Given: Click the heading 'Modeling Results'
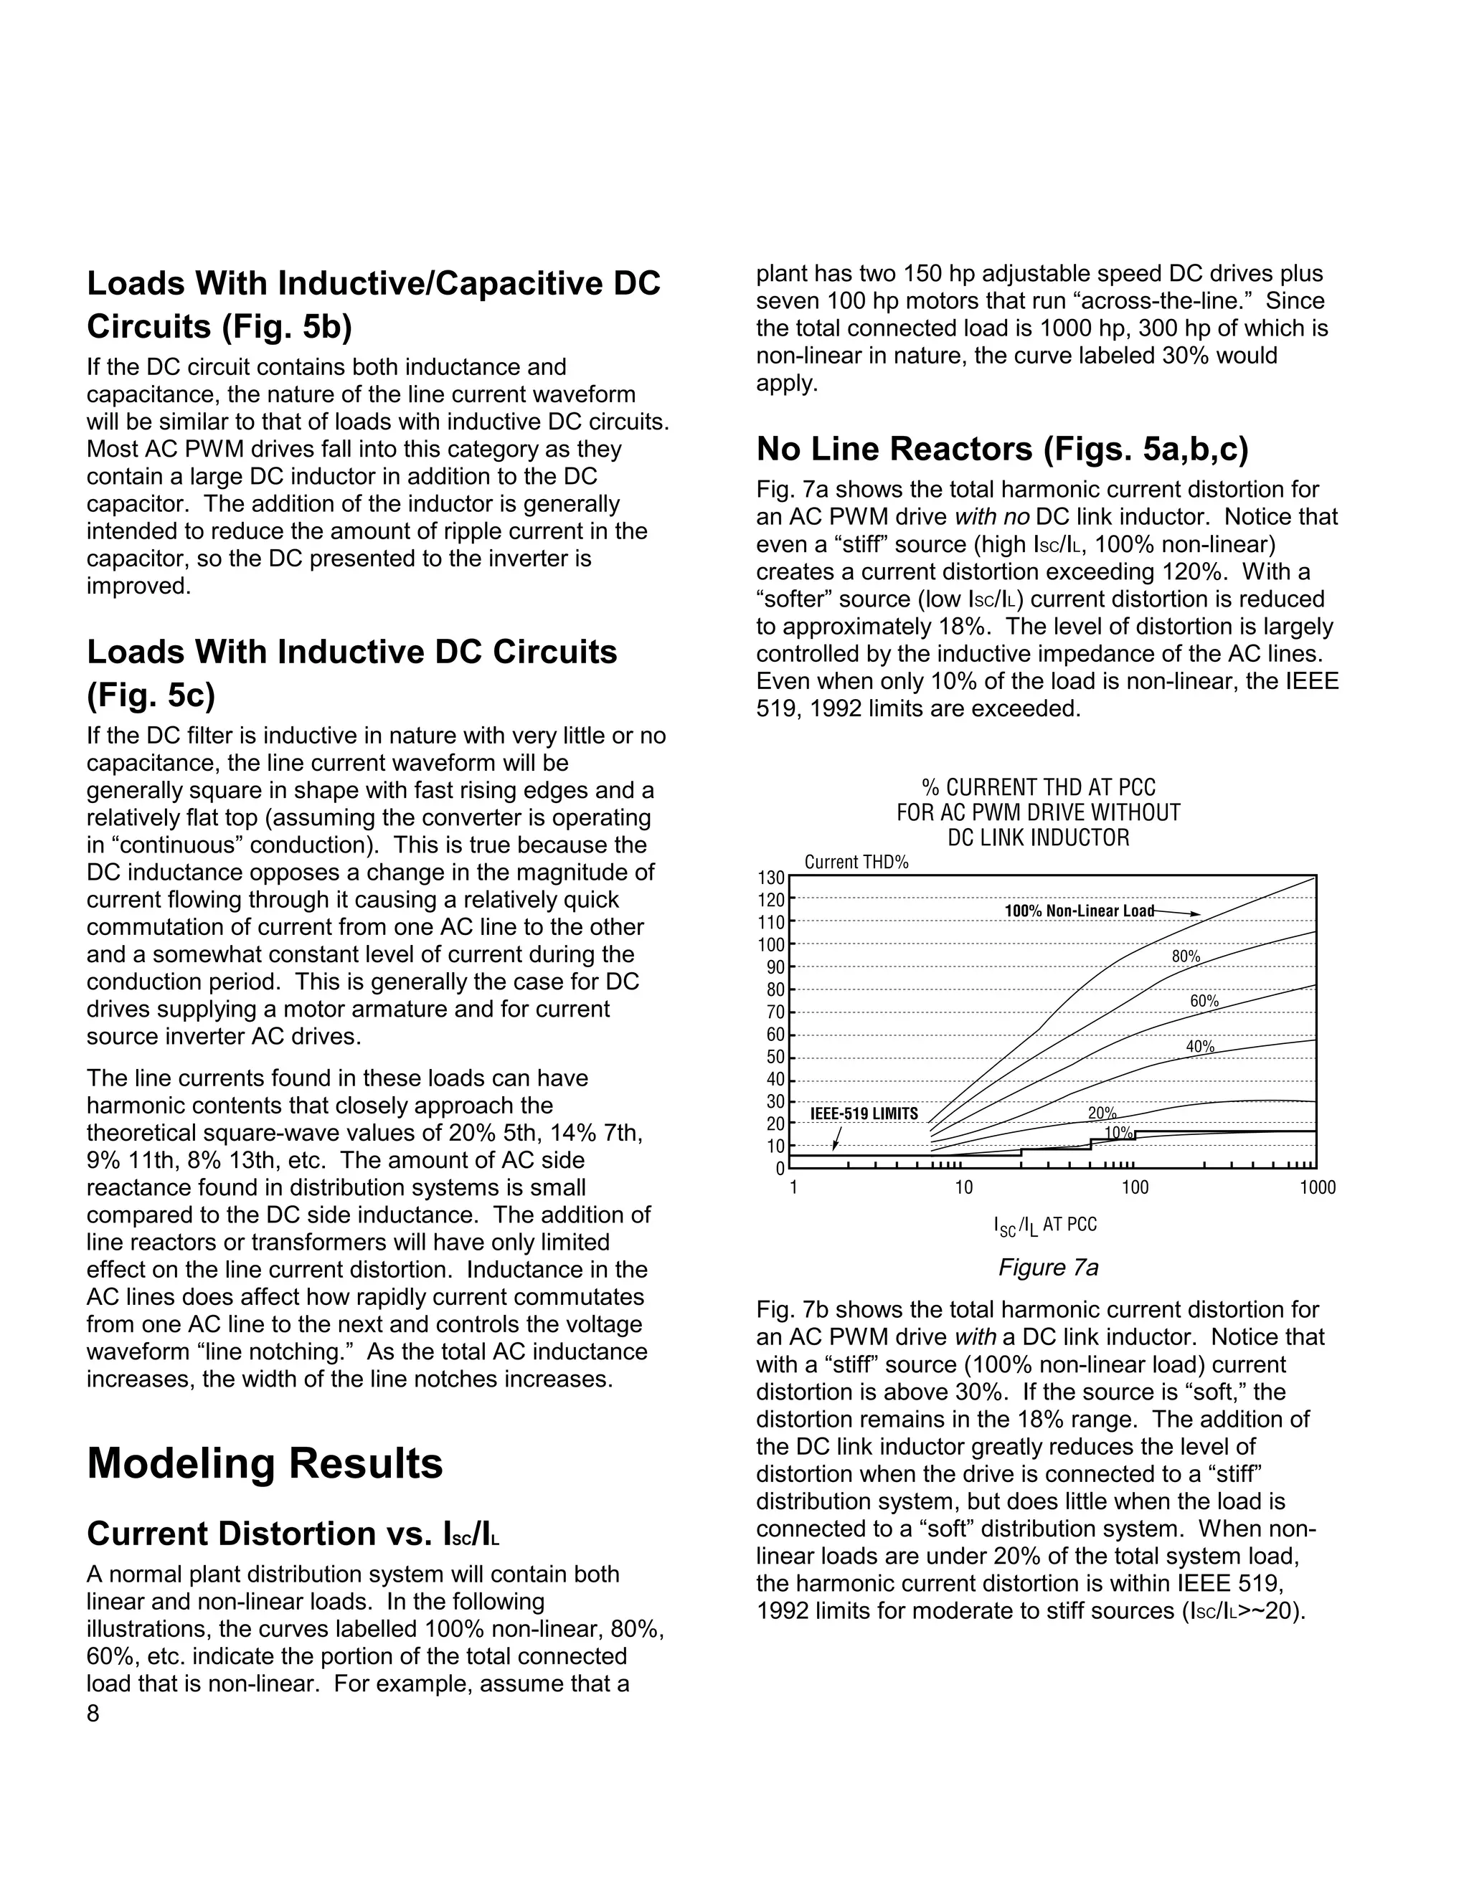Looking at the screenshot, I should pyautogui.click(x=265, y=1463).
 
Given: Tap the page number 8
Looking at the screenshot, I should pyautogui.click(x=93, y=1714).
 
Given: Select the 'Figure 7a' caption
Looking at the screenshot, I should pyautogui.click(x=1048, y=1268).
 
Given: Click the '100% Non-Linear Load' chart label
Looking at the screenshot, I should pyautogui.click(x=1078, y=911).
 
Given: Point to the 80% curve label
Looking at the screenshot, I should pyautogui.click(x=1185, y=956).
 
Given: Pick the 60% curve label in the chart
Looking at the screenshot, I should pyautogui.click(x=1204, y=1002).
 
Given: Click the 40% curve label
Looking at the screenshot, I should pyautogui.click(x=1200, y=1047).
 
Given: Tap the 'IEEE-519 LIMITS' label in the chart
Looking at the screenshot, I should pyautogui.click(x=864, y=1113).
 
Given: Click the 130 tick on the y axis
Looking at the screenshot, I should pyautogui.click(x=775, y=877).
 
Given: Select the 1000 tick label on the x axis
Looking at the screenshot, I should pyautogui.click(x=1318, y=1188).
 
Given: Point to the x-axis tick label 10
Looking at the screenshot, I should pyautogui.click(x=963, y=1188).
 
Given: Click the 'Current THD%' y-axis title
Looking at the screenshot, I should pyautogui.click(x=856, y=862).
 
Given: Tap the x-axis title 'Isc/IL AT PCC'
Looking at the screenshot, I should pyautogui.click(x=1044, y=1225).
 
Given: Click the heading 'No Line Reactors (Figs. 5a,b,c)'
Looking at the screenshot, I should pyautogui.click(x=1001, y=449).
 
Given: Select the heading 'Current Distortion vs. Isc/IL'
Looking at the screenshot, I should pyautogui.click(x=293, y=1533).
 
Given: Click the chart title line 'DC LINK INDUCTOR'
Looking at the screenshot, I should pyautogui.click(x=1038, y=837).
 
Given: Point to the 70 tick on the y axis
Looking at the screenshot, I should pyautogui.click(x=775, y=1012).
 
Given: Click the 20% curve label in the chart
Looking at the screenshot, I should pyautogui.click(x=1102, y=1113).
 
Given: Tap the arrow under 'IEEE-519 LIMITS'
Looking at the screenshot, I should pyautogui.click(x=837, y=1138).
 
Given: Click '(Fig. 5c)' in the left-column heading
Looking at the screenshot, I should pyautogui.click(x=150, y=695).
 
